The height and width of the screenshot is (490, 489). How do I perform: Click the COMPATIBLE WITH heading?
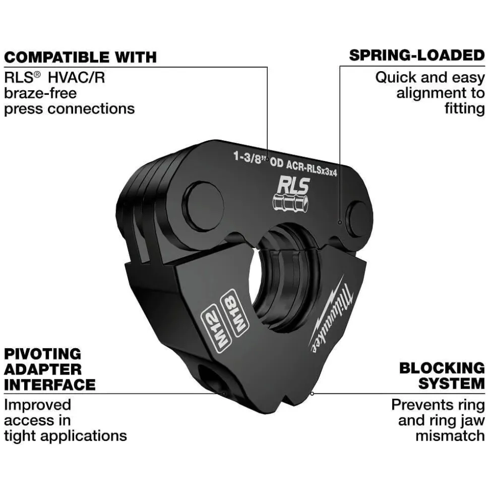[x=80, y=58]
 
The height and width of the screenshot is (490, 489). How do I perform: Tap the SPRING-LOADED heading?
[x=417, y=56]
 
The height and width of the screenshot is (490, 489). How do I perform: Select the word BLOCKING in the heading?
[x=442, y=368]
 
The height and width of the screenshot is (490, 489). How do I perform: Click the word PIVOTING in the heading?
[x=42, y=354]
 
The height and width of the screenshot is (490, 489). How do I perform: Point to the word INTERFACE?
[x=49, y=385]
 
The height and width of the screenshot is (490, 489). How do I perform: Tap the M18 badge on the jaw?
[x=234, y=311]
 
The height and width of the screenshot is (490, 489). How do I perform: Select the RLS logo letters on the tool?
[x=293, y=186]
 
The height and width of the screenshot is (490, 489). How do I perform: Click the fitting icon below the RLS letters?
[x=290, y=203]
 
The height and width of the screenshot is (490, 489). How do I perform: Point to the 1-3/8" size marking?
[x=251, y=157]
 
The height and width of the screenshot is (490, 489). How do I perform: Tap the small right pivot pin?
[x=358, y=219]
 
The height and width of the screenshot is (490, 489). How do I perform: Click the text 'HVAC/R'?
[x=77, y=78]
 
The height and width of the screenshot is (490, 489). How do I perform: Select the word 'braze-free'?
[x=40, y=93]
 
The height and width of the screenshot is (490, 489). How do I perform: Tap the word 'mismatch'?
[x=450, y=436]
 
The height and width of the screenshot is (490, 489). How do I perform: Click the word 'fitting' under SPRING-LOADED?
[x=465, y=109]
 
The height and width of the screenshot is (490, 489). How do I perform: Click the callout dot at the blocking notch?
[x=312, y=394]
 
